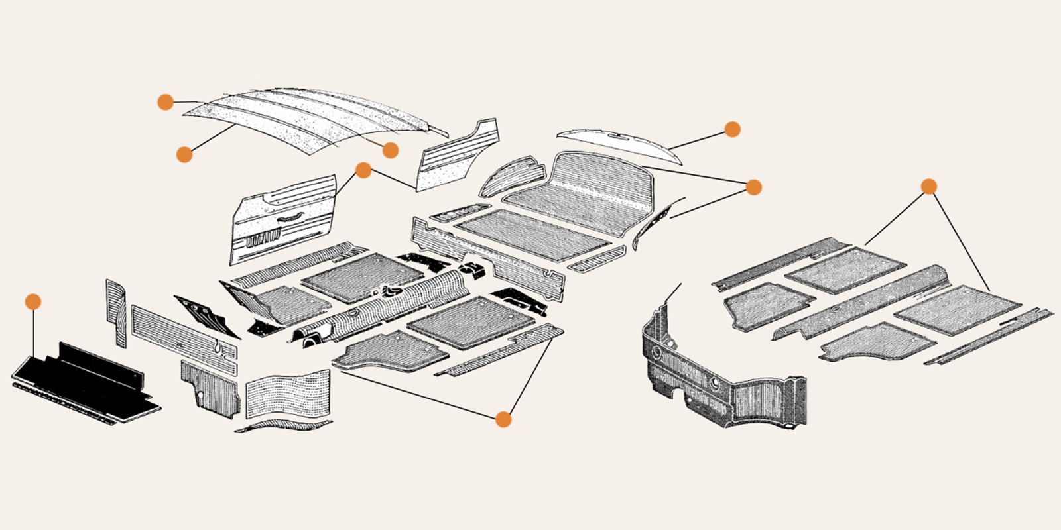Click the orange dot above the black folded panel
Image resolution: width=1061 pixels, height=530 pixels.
pos(32,301)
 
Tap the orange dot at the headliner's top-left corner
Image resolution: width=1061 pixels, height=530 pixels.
pos(165,102)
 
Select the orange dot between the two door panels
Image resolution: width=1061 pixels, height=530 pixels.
pos(363,170)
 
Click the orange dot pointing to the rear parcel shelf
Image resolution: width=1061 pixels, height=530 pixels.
pos(732,129)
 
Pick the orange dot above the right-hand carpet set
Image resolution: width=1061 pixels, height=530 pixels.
pos(929,187)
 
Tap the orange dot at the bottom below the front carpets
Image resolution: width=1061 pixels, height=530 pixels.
pos(503,419)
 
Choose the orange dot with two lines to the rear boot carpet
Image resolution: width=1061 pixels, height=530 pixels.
pos(753,187)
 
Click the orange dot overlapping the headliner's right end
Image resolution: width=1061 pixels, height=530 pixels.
pos(391,150)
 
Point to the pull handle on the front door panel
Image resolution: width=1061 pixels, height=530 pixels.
pos(286,219)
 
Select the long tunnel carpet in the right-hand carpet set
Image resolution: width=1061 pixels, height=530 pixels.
pos(862,301)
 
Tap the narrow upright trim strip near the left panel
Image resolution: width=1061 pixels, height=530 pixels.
pos(116,311)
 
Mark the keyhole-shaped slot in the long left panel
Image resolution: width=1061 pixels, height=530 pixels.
pos(218,345)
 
